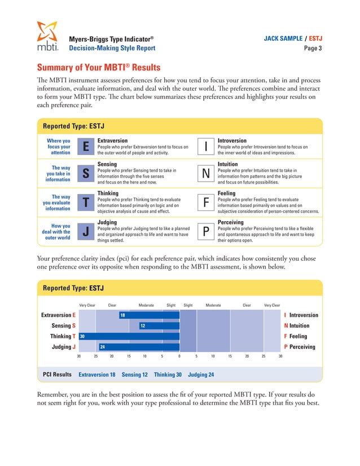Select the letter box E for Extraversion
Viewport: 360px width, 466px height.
coord(85,147)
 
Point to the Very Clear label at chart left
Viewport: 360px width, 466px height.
coord(87,305)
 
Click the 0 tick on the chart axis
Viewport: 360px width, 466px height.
coord(179,357)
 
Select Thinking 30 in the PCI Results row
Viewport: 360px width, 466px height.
coord(168,375)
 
